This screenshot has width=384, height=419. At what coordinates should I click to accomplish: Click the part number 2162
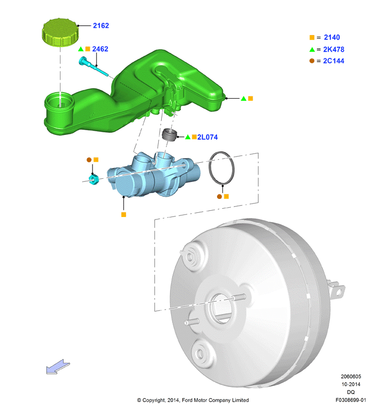tap(101, 26)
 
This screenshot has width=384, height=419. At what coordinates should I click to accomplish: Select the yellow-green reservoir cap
tap(60, 32)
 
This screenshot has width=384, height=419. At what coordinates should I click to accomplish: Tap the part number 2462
tap(100, 49)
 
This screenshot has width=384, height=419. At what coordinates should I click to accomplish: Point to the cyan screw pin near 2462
tap(94, 66)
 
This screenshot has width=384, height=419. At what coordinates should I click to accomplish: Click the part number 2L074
tap(207, 137)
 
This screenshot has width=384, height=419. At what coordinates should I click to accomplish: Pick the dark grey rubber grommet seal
tap(170, 135)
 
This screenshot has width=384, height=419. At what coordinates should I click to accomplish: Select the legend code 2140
tap(332, 37)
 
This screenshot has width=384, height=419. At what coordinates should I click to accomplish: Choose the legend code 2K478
tap(334, 50)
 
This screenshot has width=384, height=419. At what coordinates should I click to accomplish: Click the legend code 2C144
tap(334, 61)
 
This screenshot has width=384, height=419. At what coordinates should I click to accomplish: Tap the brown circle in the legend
tap(312, 60)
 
